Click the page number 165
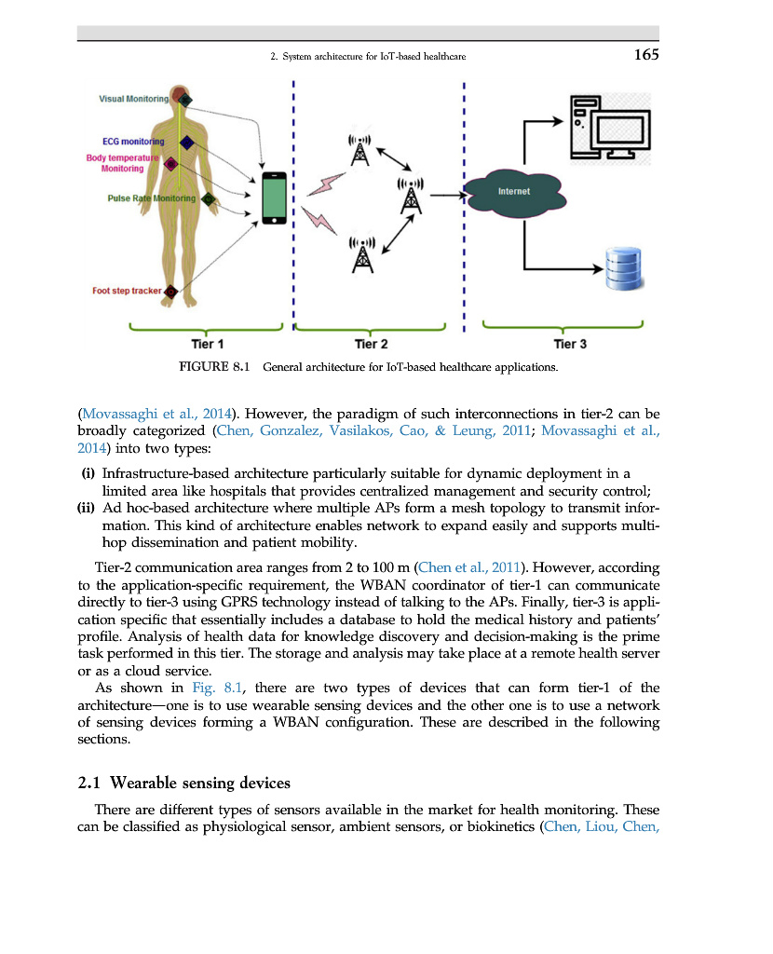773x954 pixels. coord(645,55)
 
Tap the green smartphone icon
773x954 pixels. coord(274,198)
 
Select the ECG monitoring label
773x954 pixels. coord(132,142)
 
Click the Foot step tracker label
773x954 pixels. coord(127,291)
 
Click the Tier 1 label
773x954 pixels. coord(207,344)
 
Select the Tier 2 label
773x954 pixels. coord(372,344)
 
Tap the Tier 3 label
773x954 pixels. coord(570,344)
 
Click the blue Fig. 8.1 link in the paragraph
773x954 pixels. coord(216,688)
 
